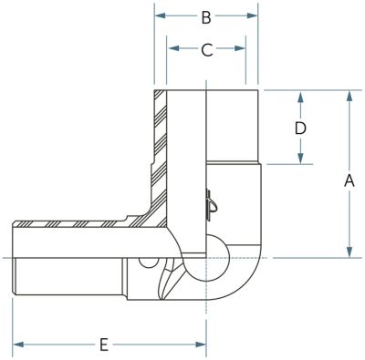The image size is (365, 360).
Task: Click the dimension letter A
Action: (x=349, y=180)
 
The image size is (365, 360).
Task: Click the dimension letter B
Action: (x=206, y=17)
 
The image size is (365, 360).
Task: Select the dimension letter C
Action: (x=207, y=50)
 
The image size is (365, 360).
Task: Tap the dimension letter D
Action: (x=300, y=129)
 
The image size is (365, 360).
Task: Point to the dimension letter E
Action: (x=104, y=345)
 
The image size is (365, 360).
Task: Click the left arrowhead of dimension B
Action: (x=161, y=15)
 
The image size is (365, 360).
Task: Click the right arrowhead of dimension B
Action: (x=252, y=15)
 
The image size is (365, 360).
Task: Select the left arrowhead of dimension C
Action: (x=173, y=48)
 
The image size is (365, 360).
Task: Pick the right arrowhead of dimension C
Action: (x=240, y=48)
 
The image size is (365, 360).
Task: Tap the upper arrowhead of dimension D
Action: (x=300, y=98)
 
